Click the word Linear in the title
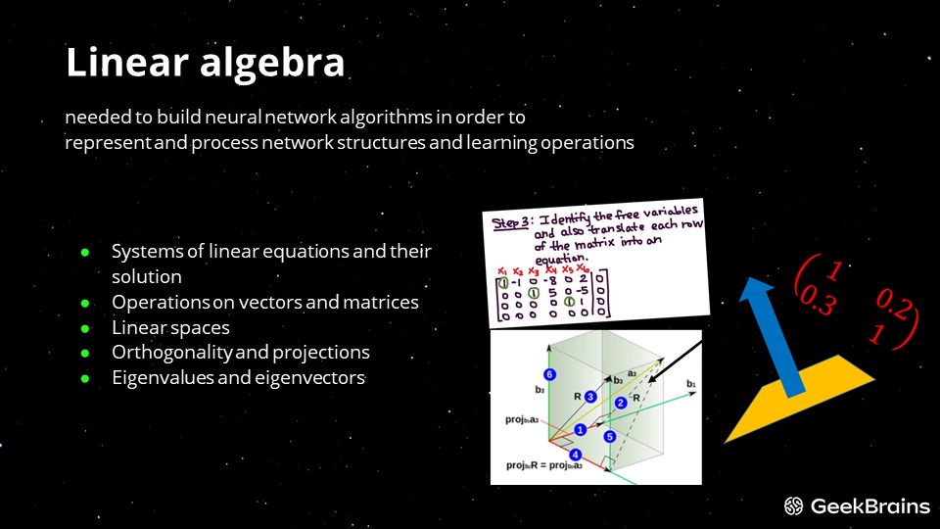click(126, 62)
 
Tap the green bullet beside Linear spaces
click(85, 329)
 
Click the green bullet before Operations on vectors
click(85, 304)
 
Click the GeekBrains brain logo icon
click(794, 506)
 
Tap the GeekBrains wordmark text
click(869, 506)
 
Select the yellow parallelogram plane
click(799, 399)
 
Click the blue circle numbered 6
click(549, 374)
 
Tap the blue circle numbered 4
click(575, 455)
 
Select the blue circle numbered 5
click(610, 437)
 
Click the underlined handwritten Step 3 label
click(510, 223)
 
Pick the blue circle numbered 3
click(590, 397)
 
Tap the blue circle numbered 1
click(580, 429)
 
